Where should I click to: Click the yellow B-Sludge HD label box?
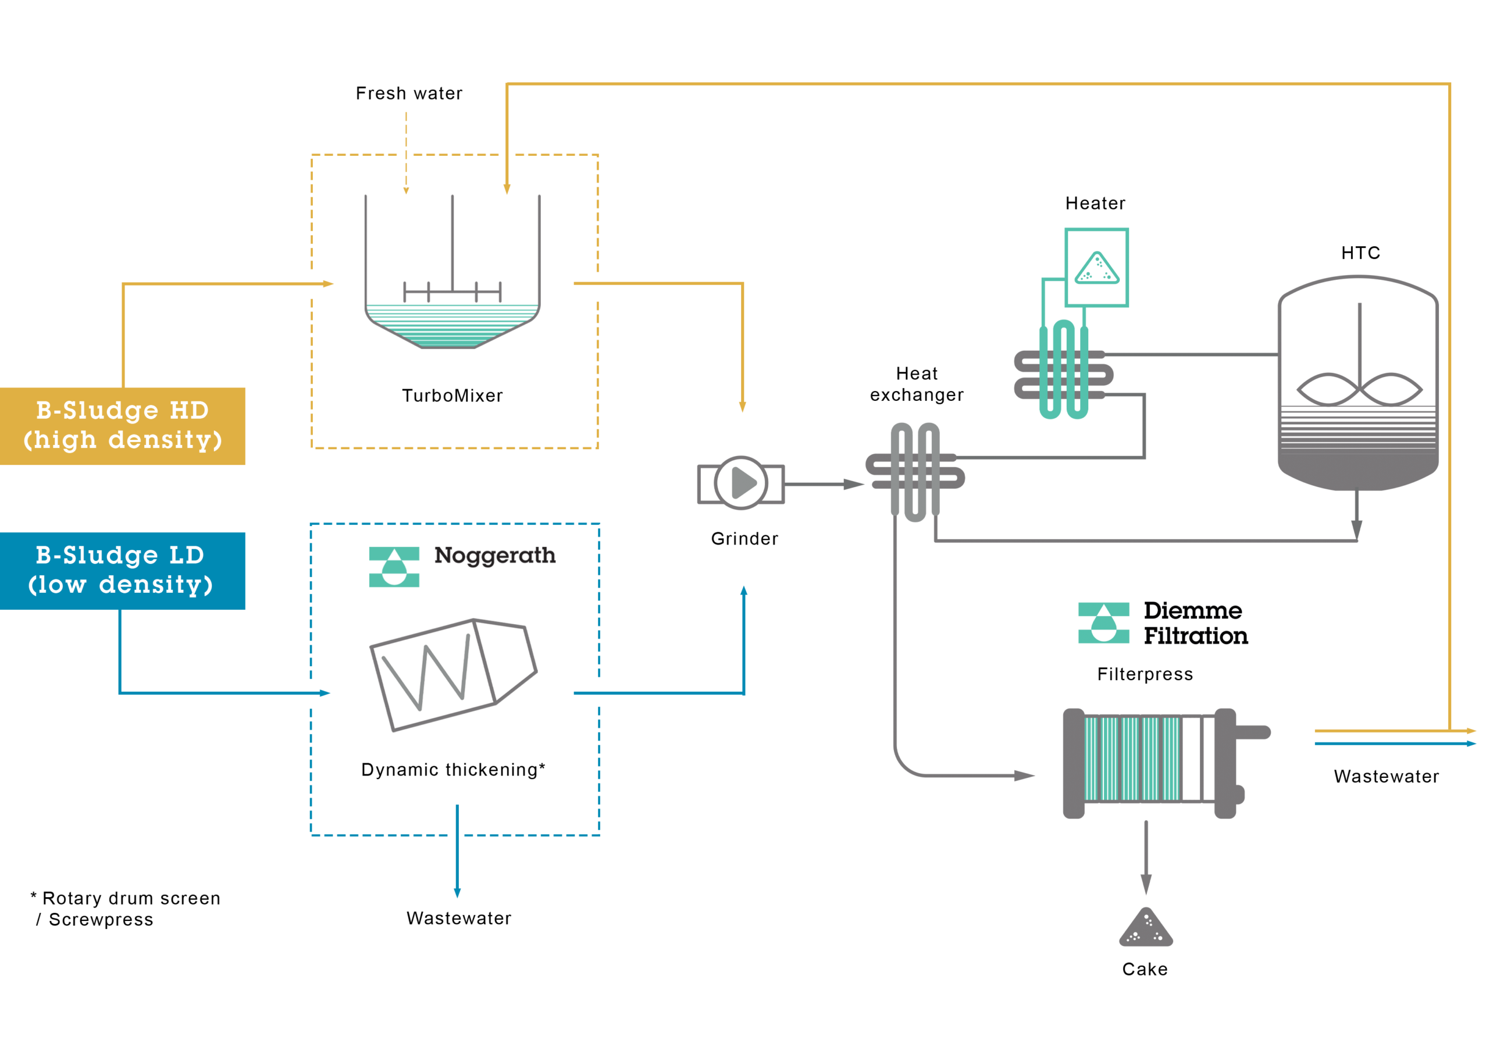tap(123, 426)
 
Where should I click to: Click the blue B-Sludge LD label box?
tap(123, 570)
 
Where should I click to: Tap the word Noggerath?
tap(494, 556)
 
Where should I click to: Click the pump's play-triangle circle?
tap(741, 483)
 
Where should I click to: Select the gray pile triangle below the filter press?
tap(1145, 929)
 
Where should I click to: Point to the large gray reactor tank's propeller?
tap(1359, 389)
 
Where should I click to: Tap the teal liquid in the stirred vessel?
tap(452, 328)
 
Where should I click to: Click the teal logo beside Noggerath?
tap(394, 567)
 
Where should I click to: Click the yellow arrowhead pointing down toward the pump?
tap(743, 407)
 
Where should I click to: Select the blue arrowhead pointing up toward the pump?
tap(744, 590)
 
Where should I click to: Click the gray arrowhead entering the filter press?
tap(1024, 775)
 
